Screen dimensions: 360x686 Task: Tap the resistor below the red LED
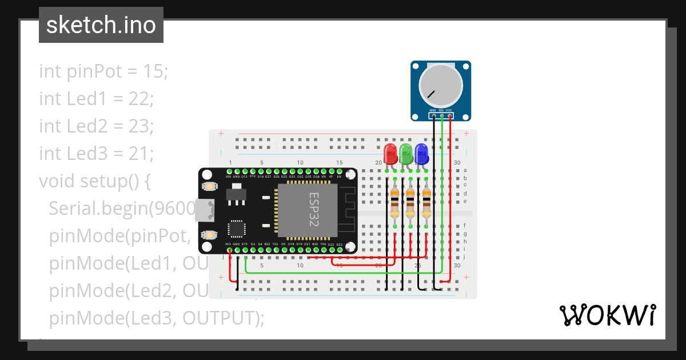pyautogui.click(x=394, y=204)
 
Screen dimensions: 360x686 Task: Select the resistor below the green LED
pyautogui.click(x=410, y=204)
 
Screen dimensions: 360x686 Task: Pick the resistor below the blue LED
pyautogui.click(x=426, y=204)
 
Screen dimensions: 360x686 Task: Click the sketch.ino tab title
pyautogui.click(x=101, y=25)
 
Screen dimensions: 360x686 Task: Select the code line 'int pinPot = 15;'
pyautogui.click(x=103, y=71)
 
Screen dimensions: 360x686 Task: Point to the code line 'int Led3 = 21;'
pyautogui.click(x=96, y=154)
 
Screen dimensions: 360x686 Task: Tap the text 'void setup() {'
pyautogui.click(x=95, y=181)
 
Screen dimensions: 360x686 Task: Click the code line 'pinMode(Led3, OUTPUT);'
pyautogui.click(x=157, y=318)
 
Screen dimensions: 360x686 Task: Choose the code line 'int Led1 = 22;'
pyautogui.click(x=96, y=99)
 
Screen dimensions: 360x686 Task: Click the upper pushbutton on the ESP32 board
pyautogui.click(x=210, y=186)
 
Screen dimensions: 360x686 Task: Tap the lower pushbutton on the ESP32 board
pyautogui.click(x=210, y=234)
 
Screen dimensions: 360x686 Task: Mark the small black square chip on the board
pyautogui.click(x=236, y=229)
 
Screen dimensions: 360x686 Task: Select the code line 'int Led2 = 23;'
pyautogui.click(x=96, y=126)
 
